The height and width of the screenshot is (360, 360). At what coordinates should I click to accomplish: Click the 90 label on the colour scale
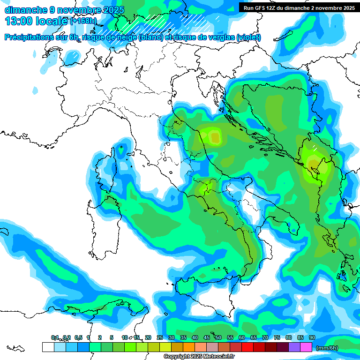(x=312, y=337)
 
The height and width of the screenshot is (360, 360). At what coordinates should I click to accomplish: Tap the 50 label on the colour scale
(x=218, y=337)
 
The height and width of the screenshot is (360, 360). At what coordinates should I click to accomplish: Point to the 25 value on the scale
(x=160, y=337)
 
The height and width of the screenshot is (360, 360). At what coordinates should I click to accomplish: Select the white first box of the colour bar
(x=48, y=347)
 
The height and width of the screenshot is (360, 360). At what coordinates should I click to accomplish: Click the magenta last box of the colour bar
(x=306, y=347)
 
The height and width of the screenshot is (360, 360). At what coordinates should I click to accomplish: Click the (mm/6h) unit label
(x=327, y=348)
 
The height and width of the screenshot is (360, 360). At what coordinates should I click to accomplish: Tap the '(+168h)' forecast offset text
(x=83, y=21)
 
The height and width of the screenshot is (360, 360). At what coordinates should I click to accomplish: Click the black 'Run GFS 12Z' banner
(x=298, y=8)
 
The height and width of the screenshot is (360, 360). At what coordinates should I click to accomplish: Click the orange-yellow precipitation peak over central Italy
(x=215, y=137)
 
